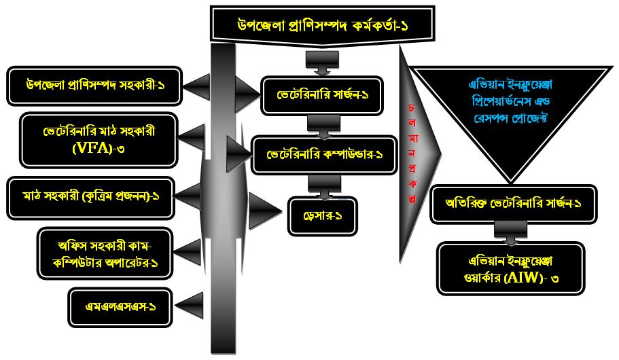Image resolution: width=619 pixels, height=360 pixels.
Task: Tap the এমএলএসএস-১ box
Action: (x=120, y=306)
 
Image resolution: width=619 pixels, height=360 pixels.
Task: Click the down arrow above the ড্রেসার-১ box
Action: (x=318, y=185)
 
